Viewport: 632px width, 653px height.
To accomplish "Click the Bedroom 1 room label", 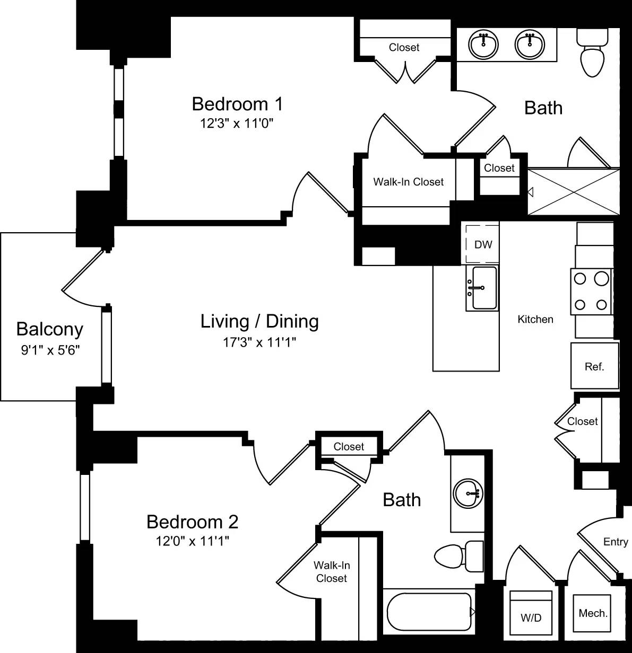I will (x=237, y=103).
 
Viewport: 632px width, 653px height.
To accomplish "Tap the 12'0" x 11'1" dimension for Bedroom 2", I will (x=193, y=541).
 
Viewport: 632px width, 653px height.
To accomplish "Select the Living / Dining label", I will (x=259, y=321).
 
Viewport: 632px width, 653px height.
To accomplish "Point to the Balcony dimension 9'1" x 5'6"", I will (x=50, y=350).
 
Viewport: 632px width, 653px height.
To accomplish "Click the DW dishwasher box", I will (x=483, y=244).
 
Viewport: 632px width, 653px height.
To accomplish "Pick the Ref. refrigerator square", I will (x=594, y=366).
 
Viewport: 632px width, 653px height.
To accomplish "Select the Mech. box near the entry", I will (x=593, y=613).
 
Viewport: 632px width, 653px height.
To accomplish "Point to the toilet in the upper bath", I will (x=592, y=56).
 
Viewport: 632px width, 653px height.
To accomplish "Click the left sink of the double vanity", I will (x=483, y=45).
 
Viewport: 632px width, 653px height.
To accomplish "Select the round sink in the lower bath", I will (x=468, y=493).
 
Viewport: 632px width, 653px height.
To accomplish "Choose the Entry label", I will (x=616, y=542).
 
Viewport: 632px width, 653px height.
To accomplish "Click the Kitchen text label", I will (x=535, y=319).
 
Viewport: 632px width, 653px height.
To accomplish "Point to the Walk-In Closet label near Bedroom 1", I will (x=408, y=182).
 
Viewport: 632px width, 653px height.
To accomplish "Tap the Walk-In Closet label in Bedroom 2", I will (x=332, y=572).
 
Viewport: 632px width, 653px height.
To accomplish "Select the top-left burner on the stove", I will (x=581, y=278).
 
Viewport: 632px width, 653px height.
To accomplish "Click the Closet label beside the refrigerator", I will (x=582, y=421).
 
